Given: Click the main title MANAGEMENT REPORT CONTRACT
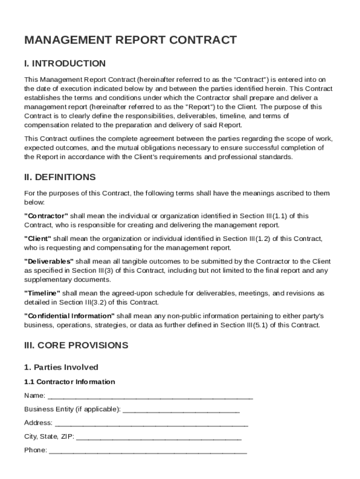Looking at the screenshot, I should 130,40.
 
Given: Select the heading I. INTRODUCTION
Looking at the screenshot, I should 65,64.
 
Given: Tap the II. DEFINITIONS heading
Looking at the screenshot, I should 60,177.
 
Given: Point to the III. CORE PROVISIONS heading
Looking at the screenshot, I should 76,346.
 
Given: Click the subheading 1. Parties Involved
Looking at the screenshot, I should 61,367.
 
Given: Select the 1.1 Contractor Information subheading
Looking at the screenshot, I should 70,382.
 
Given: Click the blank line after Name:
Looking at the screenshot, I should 150,397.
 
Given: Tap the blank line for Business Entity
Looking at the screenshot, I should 181,410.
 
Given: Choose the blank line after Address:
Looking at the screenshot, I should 151,424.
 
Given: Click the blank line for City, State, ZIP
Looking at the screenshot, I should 158,437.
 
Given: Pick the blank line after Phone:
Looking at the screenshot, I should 148,451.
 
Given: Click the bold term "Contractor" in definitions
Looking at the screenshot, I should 46,216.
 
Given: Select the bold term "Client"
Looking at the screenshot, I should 38,239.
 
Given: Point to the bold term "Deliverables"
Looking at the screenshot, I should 49,261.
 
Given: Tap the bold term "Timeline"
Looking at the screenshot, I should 42,293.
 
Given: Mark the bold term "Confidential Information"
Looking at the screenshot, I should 69,316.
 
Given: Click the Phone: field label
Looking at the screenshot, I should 36,450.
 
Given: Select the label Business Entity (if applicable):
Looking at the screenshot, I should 72,409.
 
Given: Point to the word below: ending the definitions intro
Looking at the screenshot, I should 34,203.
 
